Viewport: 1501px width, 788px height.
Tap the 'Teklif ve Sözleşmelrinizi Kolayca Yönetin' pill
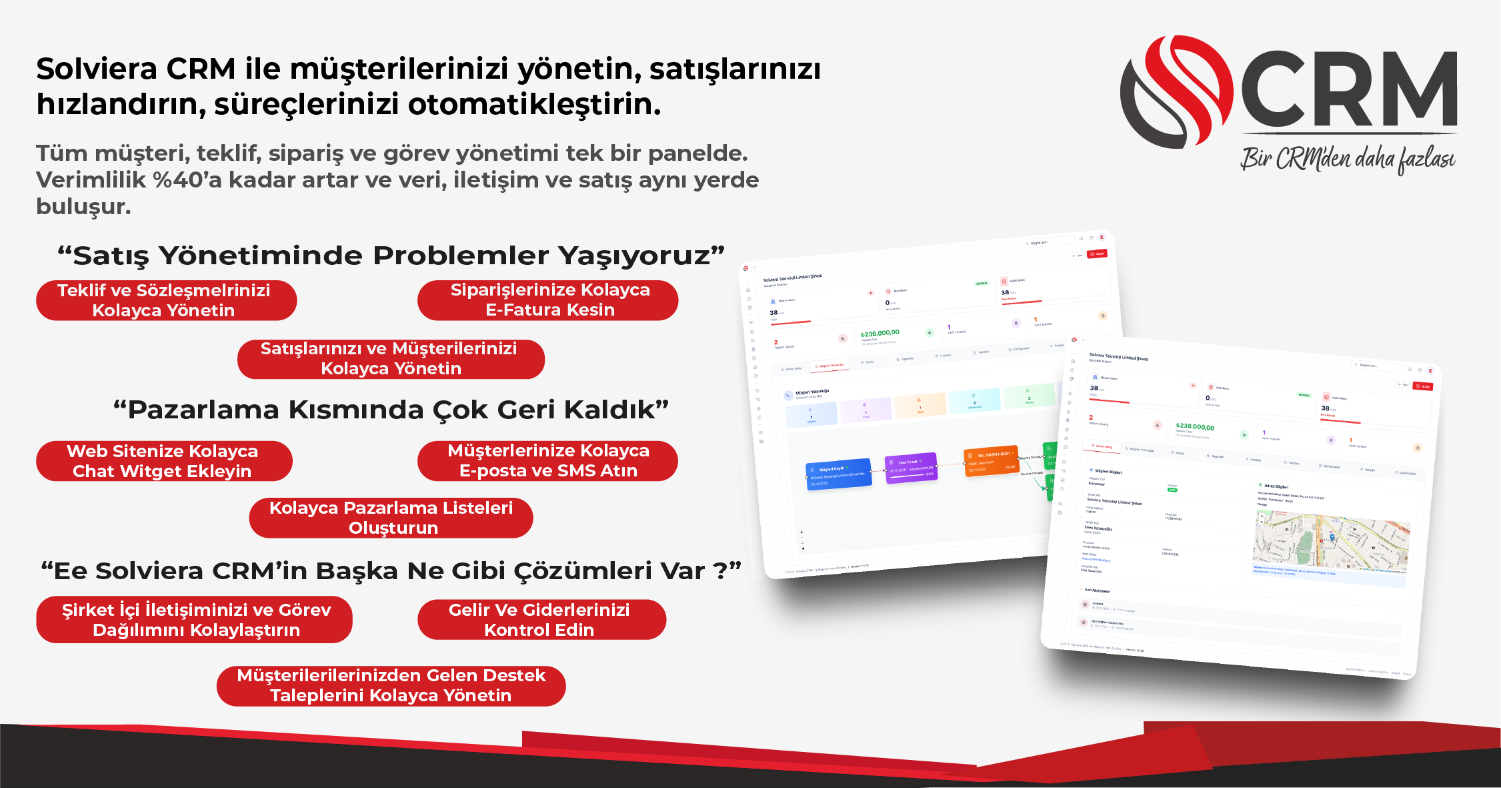pyautogui.click(x=166, y=300)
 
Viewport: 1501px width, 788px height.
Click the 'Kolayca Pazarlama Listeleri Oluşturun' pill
pyautogui.click(x=391, y=518)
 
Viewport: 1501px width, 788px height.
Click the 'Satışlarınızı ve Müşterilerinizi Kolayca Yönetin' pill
pyautogui.click(x=391, y=359)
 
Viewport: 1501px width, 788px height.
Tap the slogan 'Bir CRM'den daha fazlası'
pyautogui.click(x=1347, y=159)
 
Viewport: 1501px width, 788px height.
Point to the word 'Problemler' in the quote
pyautogui.click(x=461, y=256)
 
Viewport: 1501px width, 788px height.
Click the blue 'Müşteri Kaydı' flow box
pyautogui.click(x=839, y=474)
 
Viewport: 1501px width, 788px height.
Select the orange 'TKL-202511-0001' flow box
pyautogui.click(x=992, y=461)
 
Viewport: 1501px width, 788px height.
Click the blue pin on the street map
pyautogui.click(x=1332, y=538)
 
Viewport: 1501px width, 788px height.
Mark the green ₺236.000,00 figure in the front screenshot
pyautogui.click(x=1195, y=426)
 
